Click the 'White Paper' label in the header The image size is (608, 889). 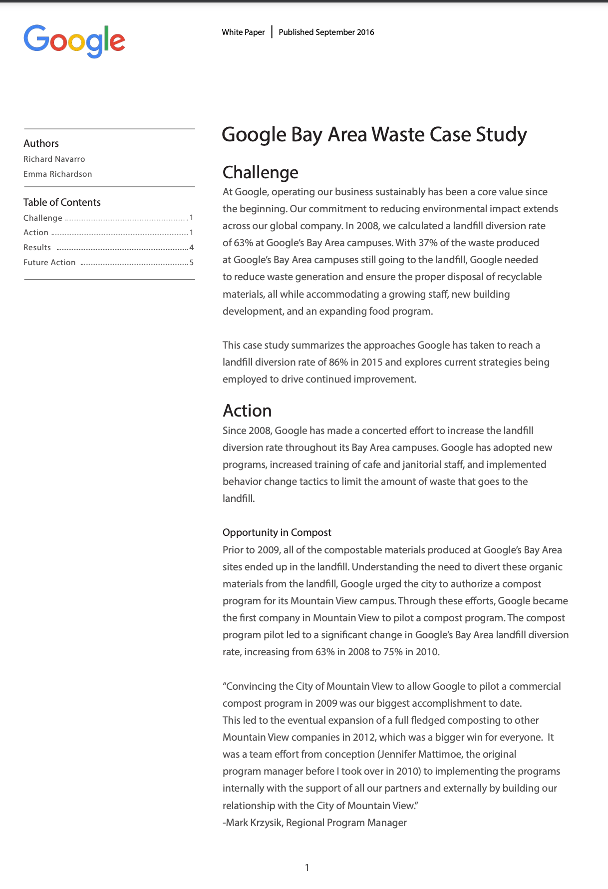(x=243, y=32)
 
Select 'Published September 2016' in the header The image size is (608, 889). (x=326, y=32)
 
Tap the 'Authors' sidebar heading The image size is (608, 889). (x=41, y=143)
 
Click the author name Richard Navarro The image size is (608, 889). (x=54, y=159)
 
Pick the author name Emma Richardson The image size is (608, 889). (x=57, y=174)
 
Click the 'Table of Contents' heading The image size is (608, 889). (x=62, y=202)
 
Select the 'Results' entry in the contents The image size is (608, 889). (x=37, y=247)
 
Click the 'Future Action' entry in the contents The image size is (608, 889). (x=49, y=262)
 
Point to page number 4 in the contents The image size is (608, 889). (x=191, y=248)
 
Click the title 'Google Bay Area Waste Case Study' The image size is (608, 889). (x=374, y=135)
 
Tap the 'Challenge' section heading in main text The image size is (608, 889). (x=260, y=172)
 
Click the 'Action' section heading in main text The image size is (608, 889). (x=247, y=411)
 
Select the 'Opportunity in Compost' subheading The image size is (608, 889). (x=277, y=532)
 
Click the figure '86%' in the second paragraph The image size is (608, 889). (x=338, y=362)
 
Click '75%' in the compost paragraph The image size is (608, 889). (x=393, y=652)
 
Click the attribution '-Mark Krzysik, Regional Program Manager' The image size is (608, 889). (x=314, y=823)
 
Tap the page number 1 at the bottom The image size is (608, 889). (x=307, y=868)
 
